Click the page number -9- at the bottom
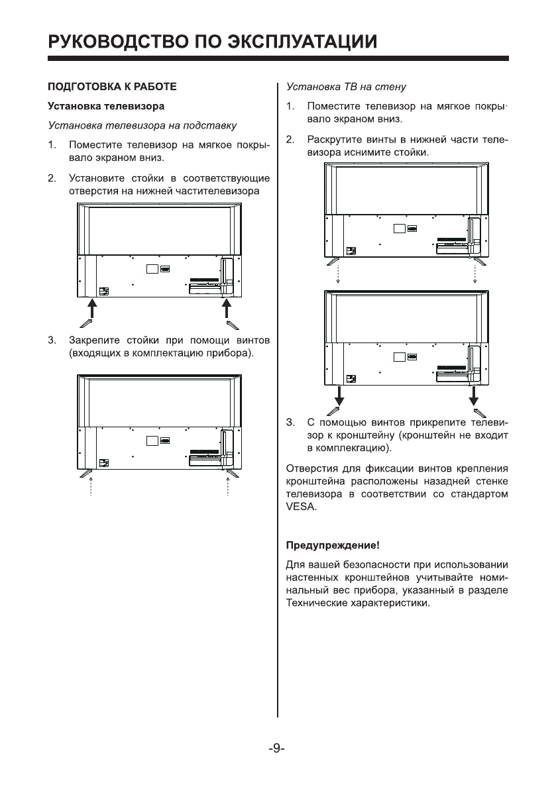pos(277,749)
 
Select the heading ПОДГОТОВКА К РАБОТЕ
pos(111,87)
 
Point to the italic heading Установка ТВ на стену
pos(345,87)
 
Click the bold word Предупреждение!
pos(332,546)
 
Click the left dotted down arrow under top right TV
pos(339,273)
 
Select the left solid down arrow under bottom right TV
pos(339,395)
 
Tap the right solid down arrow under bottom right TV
pos(474,395)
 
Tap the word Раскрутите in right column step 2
pos(334,140)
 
